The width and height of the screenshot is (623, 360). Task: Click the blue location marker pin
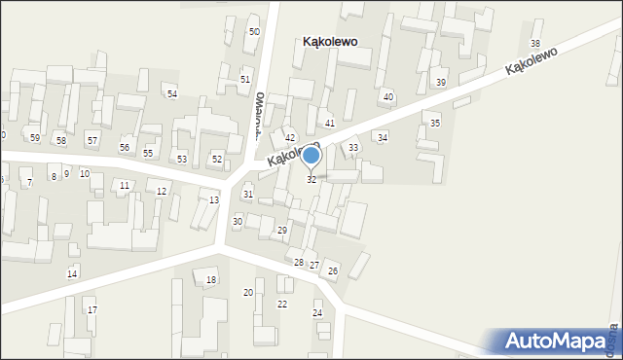click(x=311, y=156)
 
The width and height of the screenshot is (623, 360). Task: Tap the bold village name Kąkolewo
click(x=330, y=42)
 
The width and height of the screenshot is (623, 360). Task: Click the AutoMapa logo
click(x=560, y=342)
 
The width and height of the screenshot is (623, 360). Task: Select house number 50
click(x=254, y=32)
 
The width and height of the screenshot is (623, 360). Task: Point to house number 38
click(x=534, y=44)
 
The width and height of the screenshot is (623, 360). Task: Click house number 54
click(x=172, y=93)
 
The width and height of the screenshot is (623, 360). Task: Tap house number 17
click(x=92, y=309)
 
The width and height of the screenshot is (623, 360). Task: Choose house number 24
click(x=317, y=312)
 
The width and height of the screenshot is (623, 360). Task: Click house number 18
click(x=211, y=280)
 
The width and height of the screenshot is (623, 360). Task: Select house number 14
click(x=72, y=273)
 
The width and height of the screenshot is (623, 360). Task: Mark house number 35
click(x=435, y=124)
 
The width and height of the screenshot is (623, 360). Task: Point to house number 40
click(x=388, y=96)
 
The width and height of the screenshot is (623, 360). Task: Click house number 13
click(x=214, y=199)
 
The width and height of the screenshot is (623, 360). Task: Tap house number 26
click(x=333, y=270)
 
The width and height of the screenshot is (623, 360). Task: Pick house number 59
click(x=35, y=138)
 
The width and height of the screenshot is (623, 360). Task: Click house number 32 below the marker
click(x=311, y=180)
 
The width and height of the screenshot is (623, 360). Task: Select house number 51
click(x=245, y=79)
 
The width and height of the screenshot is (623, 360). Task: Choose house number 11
click(x=124, y=185)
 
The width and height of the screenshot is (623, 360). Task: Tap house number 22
click(x=282, y=304)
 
